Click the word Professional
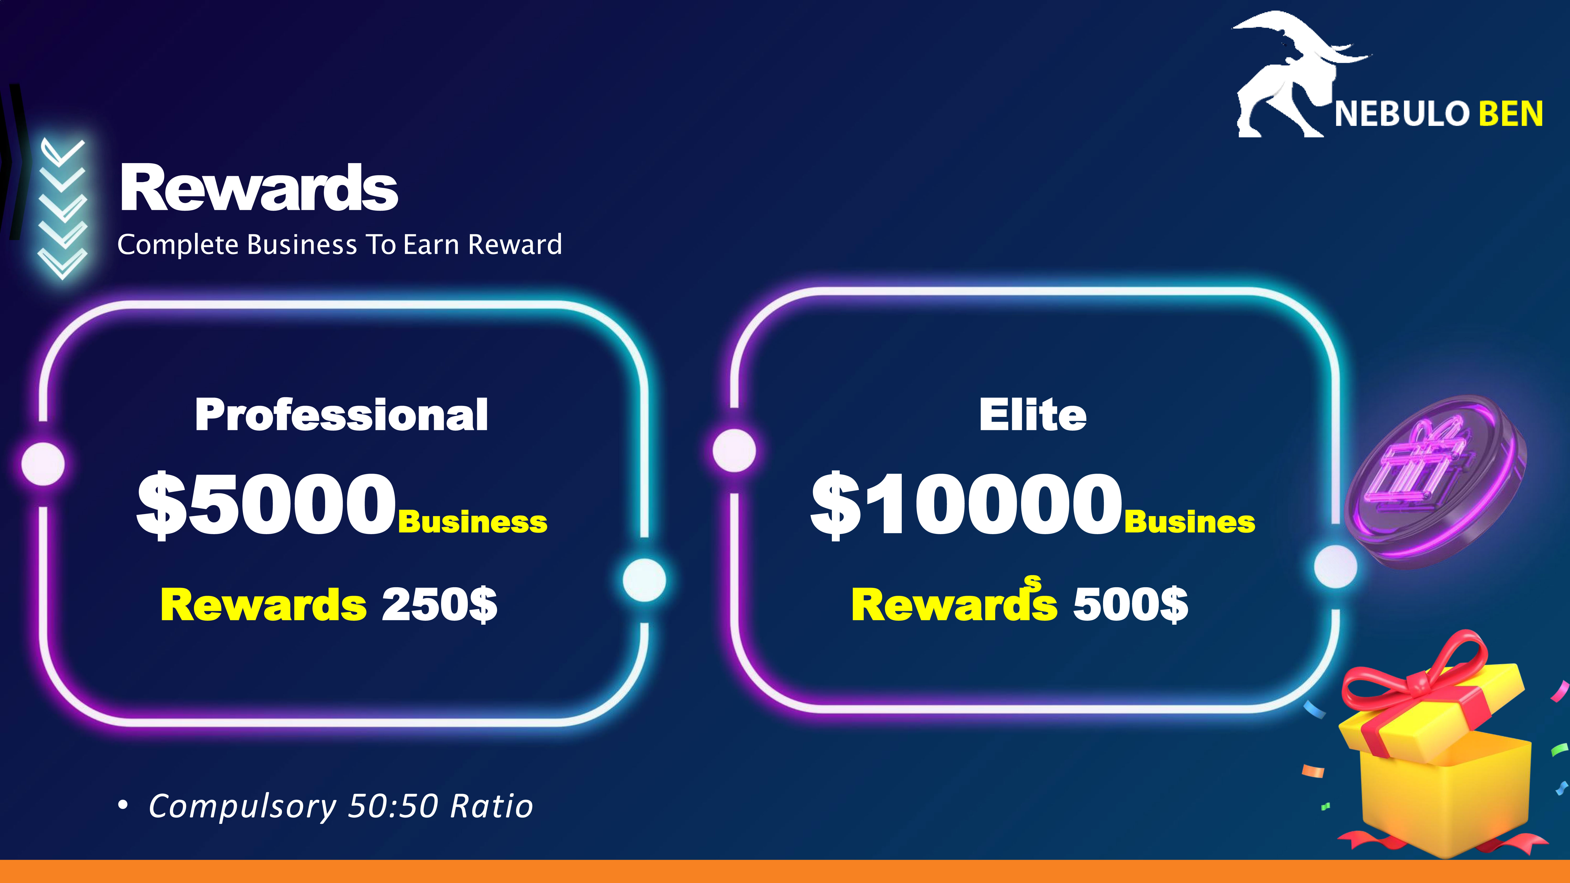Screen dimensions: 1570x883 (341, 415)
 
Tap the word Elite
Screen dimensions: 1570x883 (1032, 415)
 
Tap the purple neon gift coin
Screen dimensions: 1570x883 (1435, 482)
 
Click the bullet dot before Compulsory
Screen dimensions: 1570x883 (123, 806)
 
